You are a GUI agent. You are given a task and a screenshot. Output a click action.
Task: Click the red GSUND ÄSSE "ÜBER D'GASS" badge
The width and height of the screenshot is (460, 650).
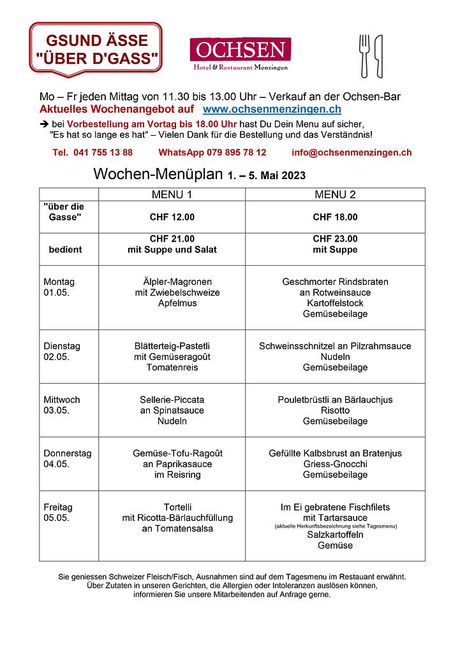point(96,48)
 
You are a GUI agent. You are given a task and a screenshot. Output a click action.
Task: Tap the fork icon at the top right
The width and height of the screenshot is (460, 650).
point(365,55)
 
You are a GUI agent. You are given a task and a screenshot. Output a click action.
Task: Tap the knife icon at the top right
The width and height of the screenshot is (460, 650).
point(379,55)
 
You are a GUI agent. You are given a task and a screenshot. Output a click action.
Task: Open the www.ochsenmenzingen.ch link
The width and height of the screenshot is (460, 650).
point(272,110)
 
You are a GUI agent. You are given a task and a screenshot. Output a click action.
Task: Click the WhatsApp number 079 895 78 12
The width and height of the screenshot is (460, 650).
point(212,153)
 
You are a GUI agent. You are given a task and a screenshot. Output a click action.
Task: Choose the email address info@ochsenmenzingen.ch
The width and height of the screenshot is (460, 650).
point(351,153)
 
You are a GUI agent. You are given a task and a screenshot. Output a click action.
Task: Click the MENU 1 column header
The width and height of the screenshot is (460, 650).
point(172,194)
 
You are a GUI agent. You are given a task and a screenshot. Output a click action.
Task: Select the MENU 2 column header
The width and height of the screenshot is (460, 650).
point(335,194)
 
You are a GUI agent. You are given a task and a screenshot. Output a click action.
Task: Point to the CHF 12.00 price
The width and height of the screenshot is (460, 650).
point(172,217)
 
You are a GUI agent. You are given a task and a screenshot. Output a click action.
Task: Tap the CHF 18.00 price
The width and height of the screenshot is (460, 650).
point(335,217)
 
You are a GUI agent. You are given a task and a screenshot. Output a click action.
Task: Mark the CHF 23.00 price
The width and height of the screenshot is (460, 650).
point(335,239)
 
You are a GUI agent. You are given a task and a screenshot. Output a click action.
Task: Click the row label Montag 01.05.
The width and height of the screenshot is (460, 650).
point(59,287)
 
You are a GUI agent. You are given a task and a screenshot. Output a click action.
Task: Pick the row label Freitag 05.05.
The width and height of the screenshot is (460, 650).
point(58,512)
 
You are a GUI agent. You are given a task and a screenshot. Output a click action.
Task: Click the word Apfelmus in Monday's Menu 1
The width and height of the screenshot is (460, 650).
point(177,303)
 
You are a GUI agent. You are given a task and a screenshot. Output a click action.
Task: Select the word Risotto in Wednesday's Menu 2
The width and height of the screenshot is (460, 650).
point(335,410)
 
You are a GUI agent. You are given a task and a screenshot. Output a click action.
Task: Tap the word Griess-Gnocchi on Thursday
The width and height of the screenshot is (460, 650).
point(335,464)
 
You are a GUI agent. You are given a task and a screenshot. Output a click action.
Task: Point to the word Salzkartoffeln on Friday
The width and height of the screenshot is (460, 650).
point(335,535)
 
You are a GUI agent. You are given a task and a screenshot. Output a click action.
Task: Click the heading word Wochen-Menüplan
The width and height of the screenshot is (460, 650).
point(158,175)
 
